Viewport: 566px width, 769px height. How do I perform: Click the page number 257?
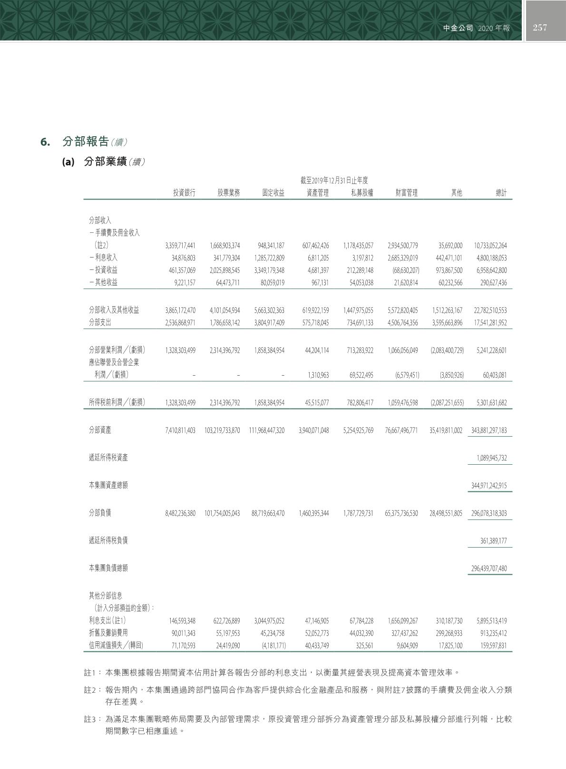click(540, 28)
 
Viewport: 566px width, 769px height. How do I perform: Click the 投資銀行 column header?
click(184, 193)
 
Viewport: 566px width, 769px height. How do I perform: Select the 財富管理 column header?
click(407, 193)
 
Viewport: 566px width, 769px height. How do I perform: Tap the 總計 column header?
click(501, 193)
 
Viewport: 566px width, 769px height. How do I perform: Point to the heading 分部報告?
click(86, 142)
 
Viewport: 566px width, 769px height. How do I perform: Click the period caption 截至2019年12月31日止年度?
click(334, 180)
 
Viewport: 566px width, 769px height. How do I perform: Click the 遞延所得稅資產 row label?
click(108, 458)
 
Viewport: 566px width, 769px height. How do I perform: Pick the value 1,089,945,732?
click(492, 458)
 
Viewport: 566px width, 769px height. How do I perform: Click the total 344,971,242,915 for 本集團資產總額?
click(489, 486)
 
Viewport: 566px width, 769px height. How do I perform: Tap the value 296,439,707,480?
click(489, 569)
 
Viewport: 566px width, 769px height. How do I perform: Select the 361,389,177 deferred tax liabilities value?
click(494, 541)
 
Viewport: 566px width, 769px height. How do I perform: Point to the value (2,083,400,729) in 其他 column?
click(447, 350)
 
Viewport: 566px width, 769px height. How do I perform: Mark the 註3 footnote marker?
click(90, 719)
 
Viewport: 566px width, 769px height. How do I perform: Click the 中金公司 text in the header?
click(458, 28)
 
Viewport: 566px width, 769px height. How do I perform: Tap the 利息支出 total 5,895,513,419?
click(492, 621)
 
